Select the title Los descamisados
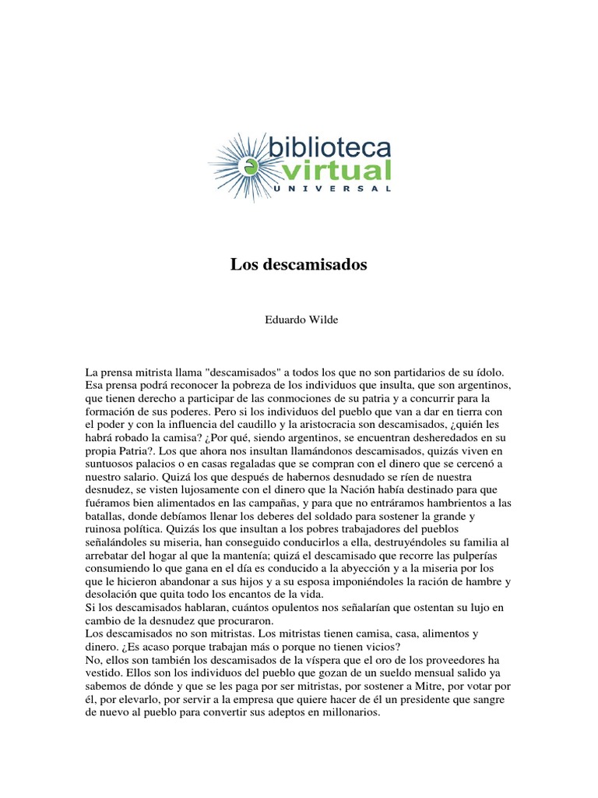click(x=298, y=265)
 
